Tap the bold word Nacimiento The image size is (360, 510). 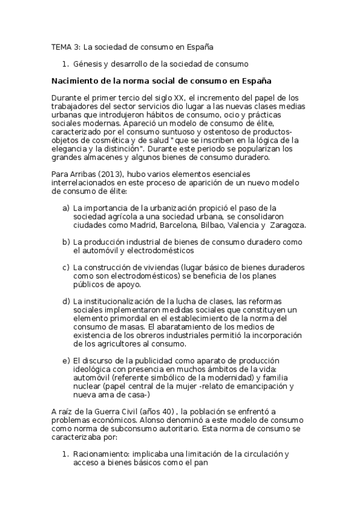click(76, 80)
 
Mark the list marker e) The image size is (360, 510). click(66, 361)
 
